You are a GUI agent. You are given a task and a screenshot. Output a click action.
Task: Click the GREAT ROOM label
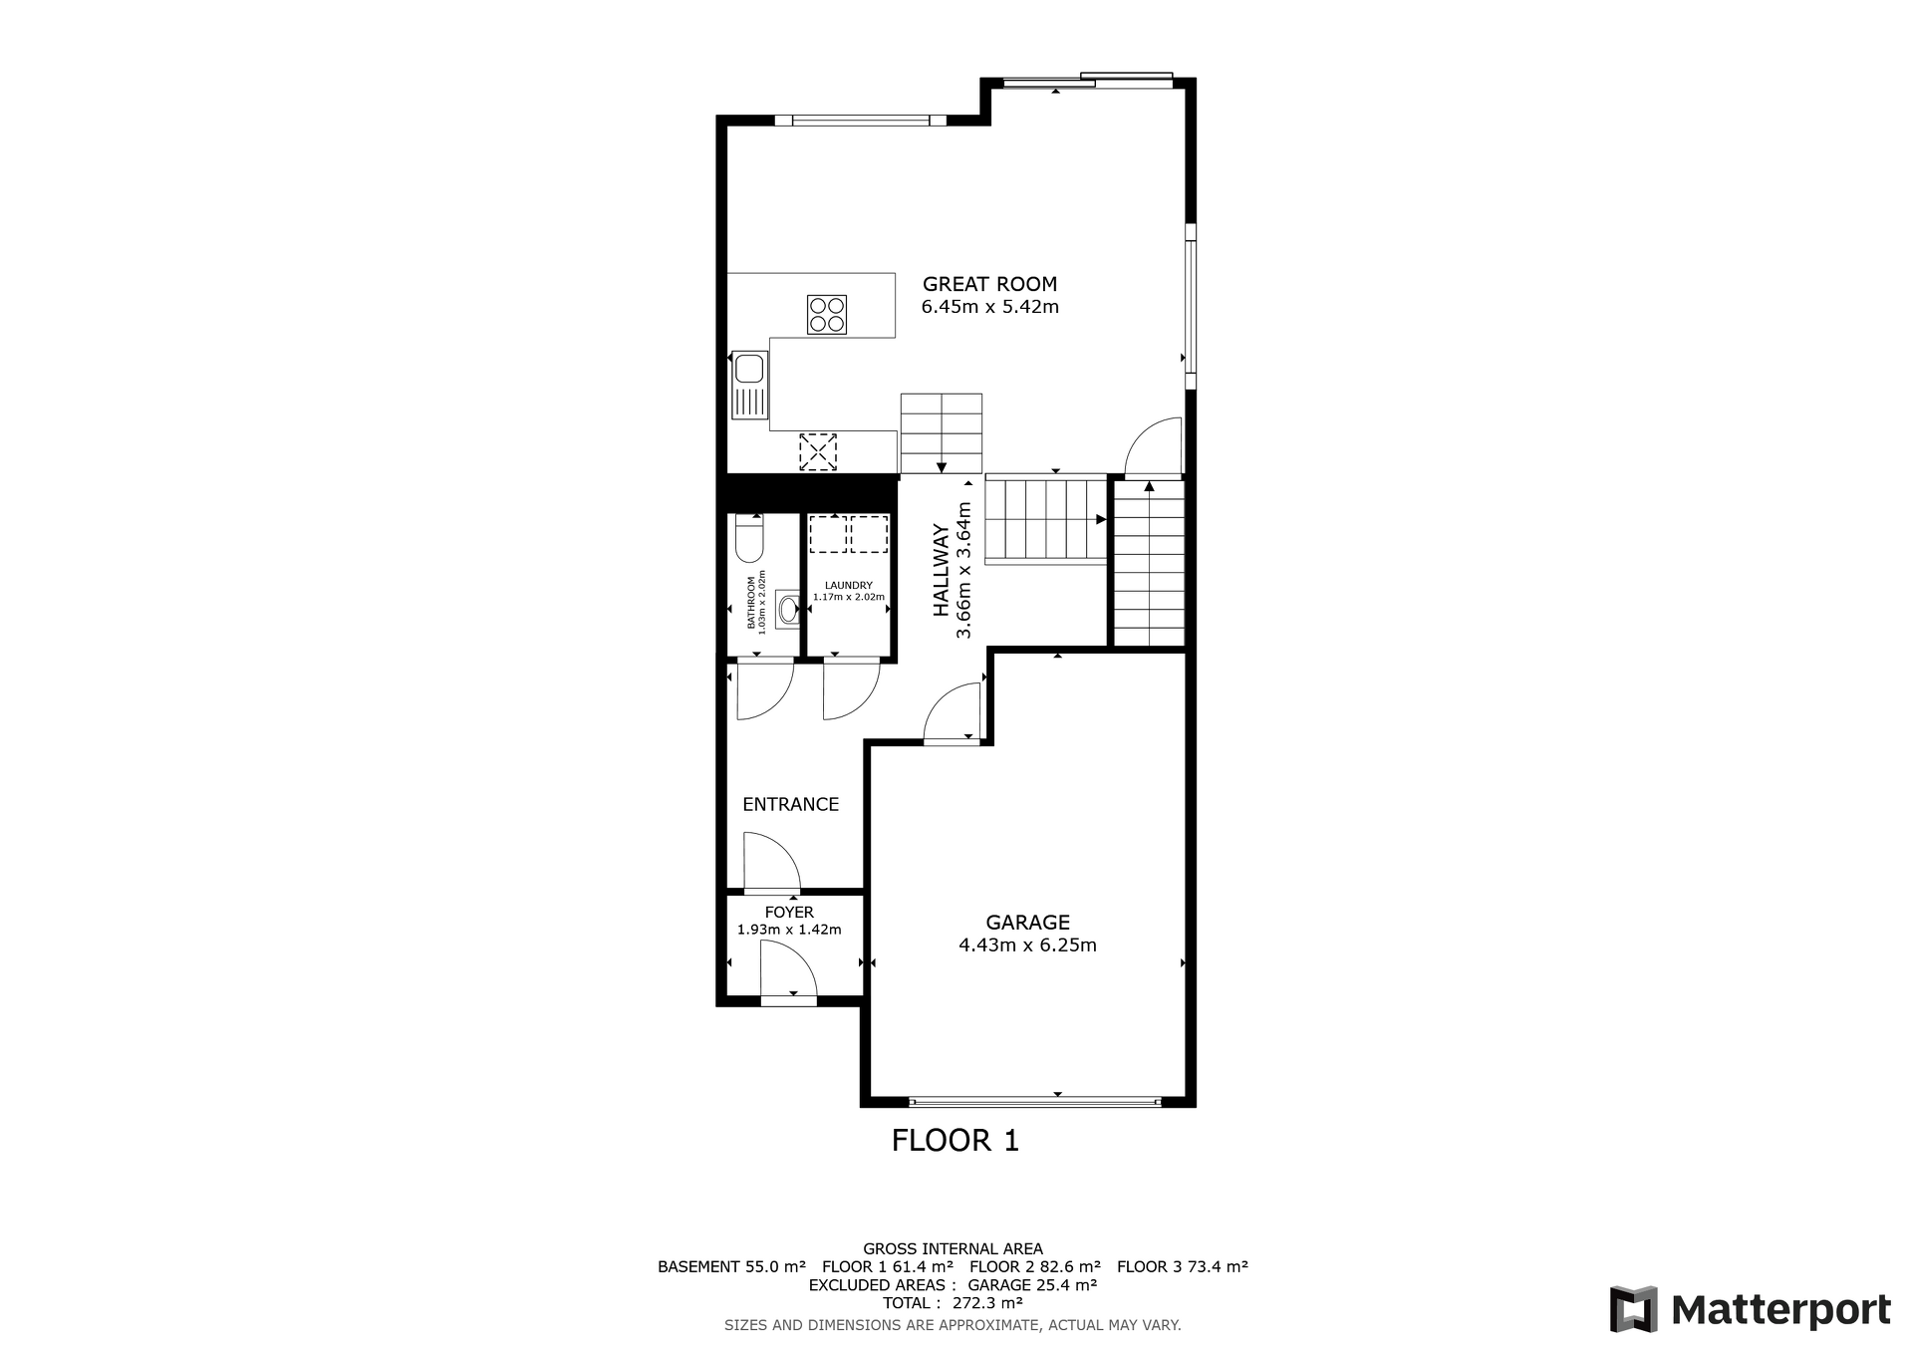(x=989, y=284)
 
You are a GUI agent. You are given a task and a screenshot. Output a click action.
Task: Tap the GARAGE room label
(x=1027, y=923)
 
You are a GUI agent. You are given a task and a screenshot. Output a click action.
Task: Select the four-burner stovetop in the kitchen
(x=827, y=315)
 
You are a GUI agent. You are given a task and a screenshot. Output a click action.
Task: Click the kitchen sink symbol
(x=749, y=385)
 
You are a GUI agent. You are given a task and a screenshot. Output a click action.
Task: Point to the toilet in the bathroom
(x=749, y=538)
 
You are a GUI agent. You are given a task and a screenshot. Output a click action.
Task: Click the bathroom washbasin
(x=788, y=608)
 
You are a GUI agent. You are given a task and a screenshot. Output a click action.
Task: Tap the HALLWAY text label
(x=942, y=571)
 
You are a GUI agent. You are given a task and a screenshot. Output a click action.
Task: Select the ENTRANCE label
(x=790, y=804)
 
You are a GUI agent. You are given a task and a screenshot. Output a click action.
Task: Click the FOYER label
(x=789, y=913)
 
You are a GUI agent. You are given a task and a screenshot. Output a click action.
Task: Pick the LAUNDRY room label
(x=849, y=586)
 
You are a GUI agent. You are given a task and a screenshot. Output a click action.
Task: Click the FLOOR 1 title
(x=956, y=1141)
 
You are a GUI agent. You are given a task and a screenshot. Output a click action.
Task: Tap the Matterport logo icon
(x=1634, y=1309)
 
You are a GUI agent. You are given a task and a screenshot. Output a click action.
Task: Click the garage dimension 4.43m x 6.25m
(x=1027, y=945)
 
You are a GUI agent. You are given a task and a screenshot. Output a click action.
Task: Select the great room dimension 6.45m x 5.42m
(x=989, y=307)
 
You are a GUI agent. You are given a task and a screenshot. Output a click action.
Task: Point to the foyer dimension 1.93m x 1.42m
(x=789, y=930)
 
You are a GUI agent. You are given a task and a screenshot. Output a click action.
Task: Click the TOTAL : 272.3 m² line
(x=953, y=1302)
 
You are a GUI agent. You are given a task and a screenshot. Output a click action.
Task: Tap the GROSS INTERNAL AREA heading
(x=953, y=1248)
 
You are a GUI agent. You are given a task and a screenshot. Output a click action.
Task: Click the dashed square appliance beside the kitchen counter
(x=817, y=451)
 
